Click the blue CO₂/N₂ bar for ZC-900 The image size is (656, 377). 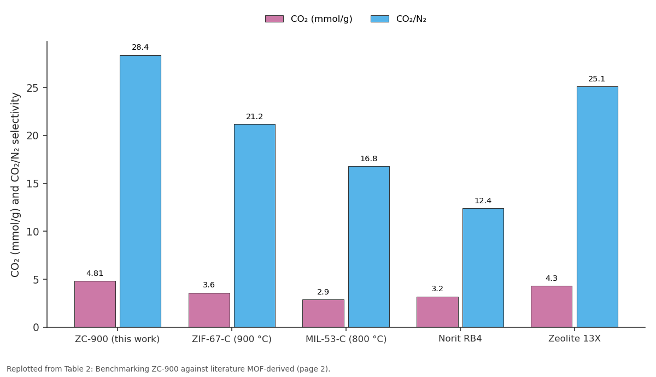(x=140, y=191)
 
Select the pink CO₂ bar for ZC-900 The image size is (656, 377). (x=95, y=304)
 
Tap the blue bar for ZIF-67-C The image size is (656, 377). (x=255, y=226)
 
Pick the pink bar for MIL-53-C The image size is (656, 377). (x=323, y=313)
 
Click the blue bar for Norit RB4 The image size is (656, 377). (x=483, y=268)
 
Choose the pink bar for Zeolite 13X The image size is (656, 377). (x=552, y=307)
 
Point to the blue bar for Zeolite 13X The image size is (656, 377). (x=598, y=207)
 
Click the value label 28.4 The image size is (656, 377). (x=140, y=47)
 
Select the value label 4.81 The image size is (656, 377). (x=95, y=273)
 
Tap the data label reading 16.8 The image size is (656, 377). (x=368, y=158)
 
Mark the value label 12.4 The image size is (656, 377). (x=483, y=201)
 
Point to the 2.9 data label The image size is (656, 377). (x=323, y=292)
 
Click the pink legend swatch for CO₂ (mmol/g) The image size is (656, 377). (x=274, y=19)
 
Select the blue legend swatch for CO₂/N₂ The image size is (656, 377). (x=380, y=19)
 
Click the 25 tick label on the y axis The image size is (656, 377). (x=32, y=88)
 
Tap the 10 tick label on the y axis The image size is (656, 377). (x=32, y=232)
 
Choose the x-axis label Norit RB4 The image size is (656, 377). (x=460, y=339)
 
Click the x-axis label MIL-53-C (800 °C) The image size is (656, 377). (x=346, y=339)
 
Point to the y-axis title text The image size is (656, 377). (x=15, y=185)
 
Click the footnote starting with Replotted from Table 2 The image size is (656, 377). (x=168, y=369)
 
